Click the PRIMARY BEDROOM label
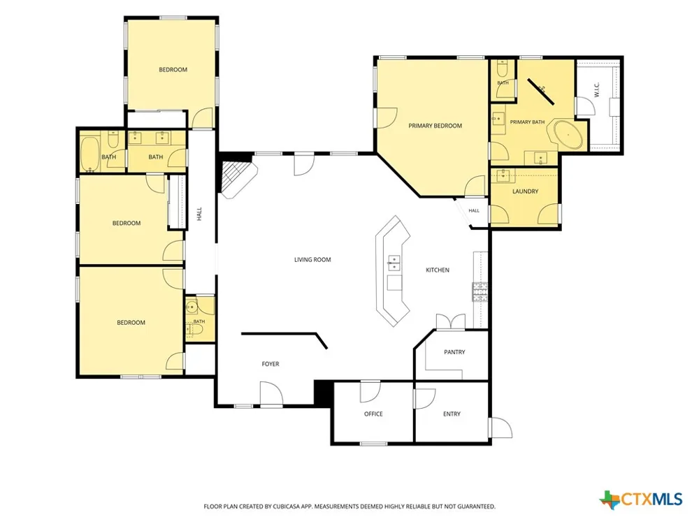coord(435,126)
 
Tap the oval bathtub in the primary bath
coord(568,134)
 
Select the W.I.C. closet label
coord(597,89)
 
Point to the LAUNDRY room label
coord(525,191)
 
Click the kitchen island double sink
coord(394,263)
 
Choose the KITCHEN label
coord(438,270)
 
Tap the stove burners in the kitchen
coord(480,292)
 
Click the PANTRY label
coord(454,352)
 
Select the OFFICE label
coord(373,414)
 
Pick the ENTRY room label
coord(452,414)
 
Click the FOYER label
coord(270,364)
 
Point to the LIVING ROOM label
coord(312,260)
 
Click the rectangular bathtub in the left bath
coord(90,154)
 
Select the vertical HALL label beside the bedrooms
coord(199,213)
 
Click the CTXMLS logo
coord(640,499)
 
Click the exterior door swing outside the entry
coord(501,428)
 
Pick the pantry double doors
coord(450,321)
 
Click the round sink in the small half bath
coord(192,307)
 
